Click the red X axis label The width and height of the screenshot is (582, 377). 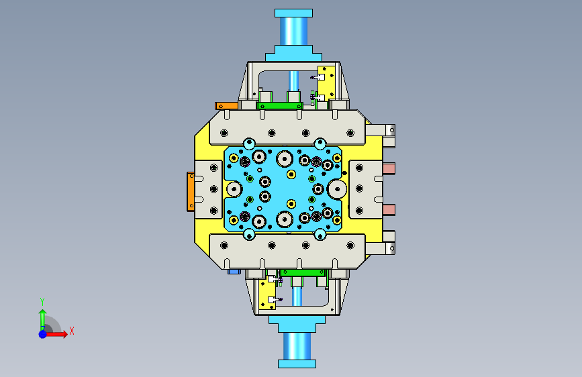[72, 331]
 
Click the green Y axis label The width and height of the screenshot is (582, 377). [42, 301]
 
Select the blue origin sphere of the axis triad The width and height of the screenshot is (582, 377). [43, 334]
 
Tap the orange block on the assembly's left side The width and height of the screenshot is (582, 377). [191, 192]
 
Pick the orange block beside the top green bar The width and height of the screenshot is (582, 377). [226, 106]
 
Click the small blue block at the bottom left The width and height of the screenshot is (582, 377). [234, 272]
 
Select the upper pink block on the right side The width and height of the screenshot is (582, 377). [389, 168]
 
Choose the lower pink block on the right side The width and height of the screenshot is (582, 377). [389, 210]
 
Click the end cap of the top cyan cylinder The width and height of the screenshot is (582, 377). [293, 13]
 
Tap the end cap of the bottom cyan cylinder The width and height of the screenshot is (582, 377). [297, 364]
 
